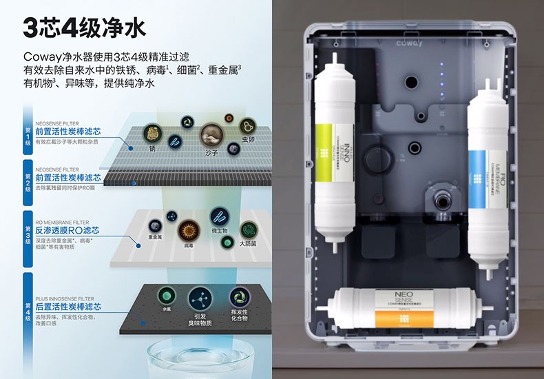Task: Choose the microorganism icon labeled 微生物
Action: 220,217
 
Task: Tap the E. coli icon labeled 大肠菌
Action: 249,229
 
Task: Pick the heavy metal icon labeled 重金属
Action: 156,225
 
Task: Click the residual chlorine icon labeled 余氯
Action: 165,296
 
